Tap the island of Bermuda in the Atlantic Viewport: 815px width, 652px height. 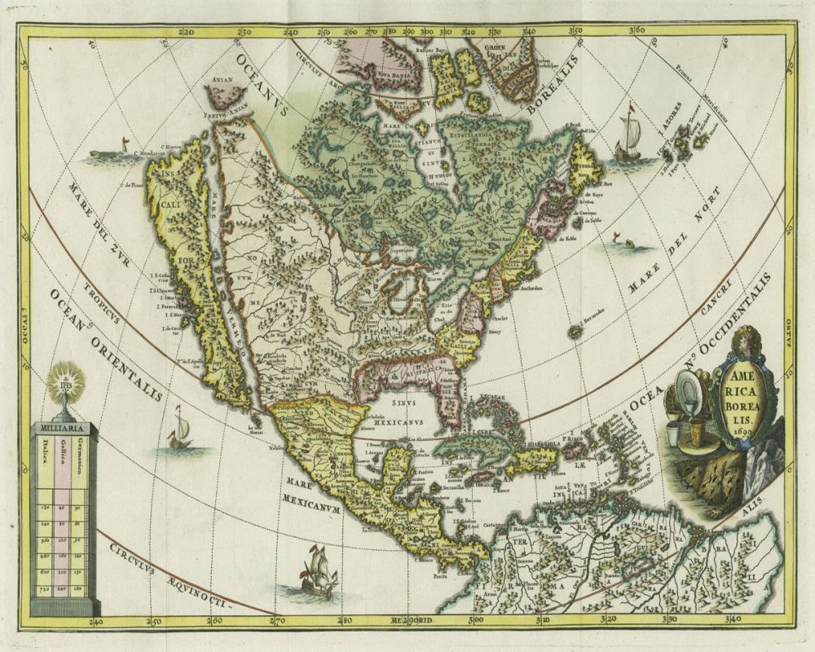coord(577,331)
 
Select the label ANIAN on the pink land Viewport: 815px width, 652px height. coord(223,80)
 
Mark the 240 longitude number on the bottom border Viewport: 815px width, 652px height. coord(96,623)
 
